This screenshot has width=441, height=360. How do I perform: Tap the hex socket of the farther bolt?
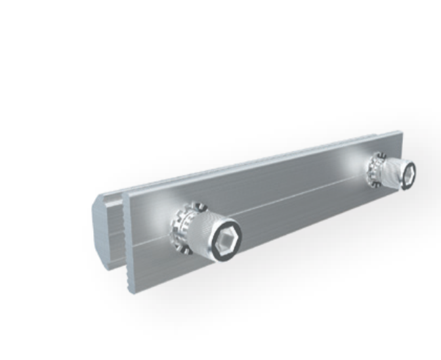[410, 172]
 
